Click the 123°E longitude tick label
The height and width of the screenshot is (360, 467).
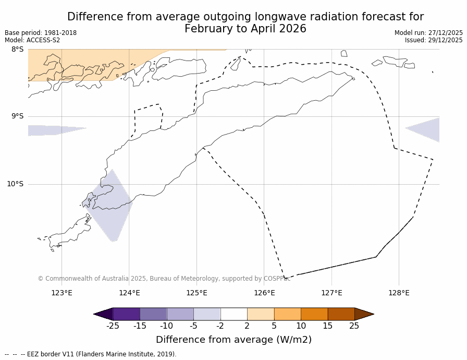coord(62,293)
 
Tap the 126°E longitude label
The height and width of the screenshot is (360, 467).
coord(264,293)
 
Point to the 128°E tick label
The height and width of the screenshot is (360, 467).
coord(399,293)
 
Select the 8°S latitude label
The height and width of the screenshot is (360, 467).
coord(17,49)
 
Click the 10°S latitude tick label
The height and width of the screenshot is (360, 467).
coord(15,184)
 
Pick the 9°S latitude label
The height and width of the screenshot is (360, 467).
coord(17,116)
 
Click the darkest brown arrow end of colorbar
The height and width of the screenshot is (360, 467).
coord(364,314)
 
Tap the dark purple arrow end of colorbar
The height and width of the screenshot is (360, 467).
coord(103,314)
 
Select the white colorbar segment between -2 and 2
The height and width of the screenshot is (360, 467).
coord(233,314)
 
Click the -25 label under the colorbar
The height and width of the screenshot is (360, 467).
coord(112,326)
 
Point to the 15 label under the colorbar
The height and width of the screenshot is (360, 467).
coord(327,326)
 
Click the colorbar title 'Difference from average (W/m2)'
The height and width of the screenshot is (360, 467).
coord(233,340)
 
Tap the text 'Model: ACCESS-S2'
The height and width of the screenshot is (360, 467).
coord(32,40)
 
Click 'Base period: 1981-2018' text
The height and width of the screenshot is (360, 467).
coord(41,33)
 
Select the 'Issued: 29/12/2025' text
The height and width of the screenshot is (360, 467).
coord(434,40)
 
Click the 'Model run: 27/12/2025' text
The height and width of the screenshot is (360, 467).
coord(428,33)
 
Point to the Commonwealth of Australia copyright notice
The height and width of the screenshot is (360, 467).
coord(164,279)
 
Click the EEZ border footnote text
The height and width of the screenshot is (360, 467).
coord(91,354)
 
